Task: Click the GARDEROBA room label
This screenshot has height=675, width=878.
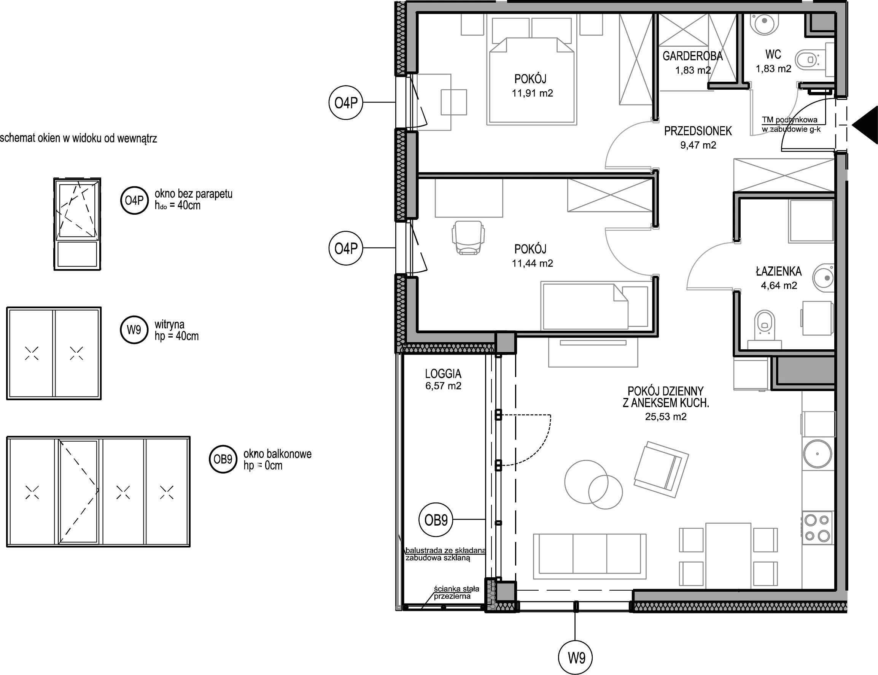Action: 692,56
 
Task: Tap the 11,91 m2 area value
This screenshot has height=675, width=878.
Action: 532,93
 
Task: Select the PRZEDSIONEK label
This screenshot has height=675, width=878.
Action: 698,131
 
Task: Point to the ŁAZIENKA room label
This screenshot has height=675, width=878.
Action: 779,271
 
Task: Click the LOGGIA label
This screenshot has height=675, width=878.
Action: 443,374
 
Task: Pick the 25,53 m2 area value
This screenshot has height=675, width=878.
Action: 666,417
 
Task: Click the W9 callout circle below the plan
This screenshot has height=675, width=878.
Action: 576,658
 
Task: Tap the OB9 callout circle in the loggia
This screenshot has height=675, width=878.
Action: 436,520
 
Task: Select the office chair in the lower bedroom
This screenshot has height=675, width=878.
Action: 468,237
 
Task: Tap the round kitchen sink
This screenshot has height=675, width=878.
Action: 817,454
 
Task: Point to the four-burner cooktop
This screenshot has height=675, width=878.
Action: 817,528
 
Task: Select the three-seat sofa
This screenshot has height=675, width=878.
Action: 589,556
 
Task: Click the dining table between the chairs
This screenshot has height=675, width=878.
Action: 728,556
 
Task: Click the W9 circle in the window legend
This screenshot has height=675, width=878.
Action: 134,330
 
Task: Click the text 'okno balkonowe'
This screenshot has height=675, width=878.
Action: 277,454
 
